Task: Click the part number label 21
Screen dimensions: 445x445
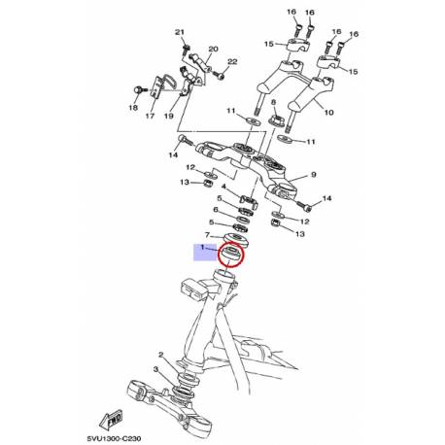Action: (179, 33)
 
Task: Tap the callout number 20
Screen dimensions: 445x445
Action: (214, 49)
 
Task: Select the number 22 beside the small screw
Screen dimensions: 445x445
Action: (231, 62)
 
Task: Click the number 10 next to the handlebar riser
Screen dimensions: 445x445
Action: (327, 113)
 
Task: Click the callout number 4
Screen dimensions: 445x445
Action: (222, 187)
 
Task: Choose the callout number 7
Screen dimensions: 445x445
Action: (205, 236)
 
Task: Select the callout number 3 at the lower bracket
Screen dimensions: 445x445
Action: (155, 370)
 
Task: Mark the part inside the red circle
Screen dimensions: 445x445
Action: (234, 256)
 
